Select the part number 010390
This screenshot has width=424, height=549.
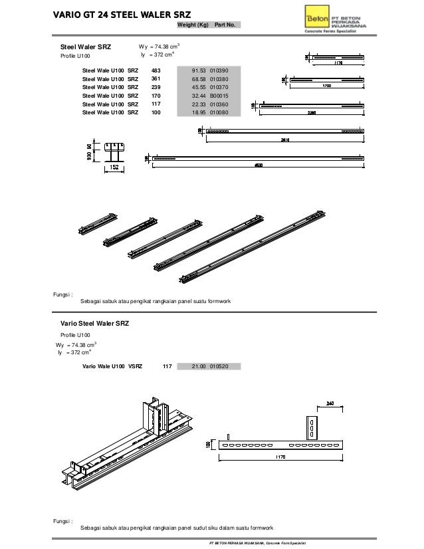point(219,70)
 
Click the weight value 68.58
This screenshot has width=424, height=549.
point(198,78)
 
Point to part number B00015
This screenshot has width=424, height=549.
point(219,96)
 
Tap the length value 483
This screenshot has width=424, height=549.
point(156,70)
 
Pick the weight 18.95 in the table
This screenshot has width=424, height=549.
point(198,113)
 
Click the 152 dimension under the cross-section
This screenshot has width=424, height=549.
point(114,169)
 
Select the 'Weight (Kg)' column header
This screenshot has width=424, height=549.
point(192,25)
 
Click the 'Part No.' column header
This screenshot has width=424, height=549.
point(225,25)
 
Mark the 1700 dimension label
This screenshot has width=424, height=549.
point(327,86)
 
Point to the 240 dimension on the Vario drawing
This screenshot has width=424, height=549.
point(330,403)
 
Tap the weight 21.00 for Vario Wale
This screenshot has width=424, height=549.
point(198,366)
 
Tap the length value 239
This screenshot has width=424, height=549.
point(156,87)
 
